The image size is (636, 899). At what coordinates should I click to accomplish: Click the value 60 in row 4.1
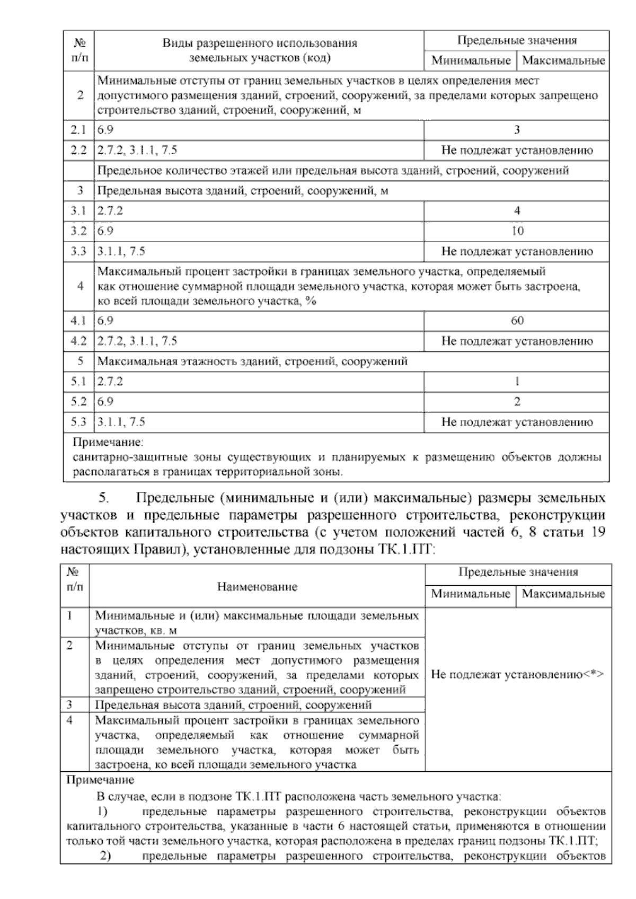517,320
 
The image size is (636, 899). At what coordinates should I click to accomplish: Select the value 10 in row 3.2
517,231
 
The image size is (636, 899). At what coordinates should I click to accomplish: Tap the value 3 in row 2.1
517,130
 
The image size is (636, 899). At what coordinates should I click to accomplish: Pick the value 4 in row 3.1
517,210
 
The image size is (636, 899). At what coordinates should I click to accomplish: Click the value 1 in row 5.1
517,381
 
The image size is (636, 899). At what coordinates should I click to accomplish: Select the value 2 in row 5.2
517,401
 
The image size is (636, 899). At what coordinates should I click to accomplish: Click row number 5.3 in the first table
78,422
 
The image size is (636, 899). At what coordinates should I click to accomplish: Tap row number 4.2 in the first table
78,341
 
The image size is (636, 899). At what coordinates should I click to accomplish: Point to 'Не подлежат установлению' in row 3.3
517,251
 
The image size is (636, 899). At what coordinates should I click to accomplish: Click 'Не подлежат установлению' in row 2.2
517,150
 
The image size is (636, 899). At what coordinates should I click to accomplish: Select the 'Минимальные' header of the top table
471,60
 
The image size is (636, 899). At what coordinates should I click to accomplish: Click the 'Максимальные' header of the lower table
563,594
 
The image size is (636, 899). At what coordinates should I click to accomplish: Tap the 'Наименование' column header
257,586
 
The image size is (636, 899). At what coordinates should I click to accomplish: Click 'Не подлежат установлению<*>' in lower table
518,675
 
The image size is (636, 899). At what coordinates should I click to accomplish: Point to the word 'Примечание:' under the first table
108,442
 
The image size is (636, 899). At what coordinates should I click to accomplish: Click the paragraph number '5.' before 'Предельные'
103,498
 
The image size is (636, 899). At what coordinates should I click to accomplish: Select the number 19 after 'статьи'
597,532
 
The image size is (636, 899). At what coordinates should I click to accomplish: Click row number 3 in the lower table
69,704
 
